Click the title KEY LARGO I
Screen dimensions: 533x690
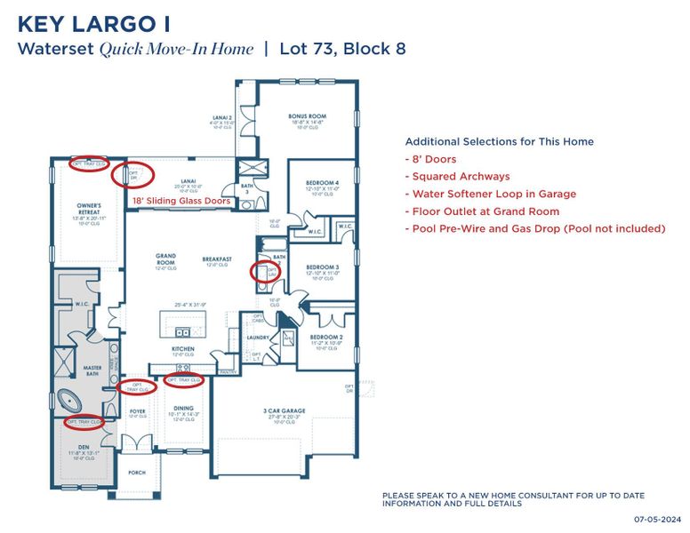click(93, 22)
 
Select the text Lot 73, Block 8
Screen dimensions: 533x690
click(342, 48)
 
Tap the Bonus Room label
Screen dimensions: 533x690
click(307, 116)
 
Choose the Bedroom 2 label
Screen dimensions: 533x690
click(326, 338)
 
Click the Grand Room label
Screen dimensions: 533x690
click(164, 259)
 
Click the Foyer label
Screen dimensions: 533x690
click(138, 411)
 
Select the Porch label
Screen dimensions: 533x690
click(137, 473)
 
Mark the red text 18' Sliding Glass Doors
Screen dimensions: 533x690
click(181, 202)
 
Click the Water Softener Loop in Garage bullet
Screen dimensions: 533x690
click(490, 194)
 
